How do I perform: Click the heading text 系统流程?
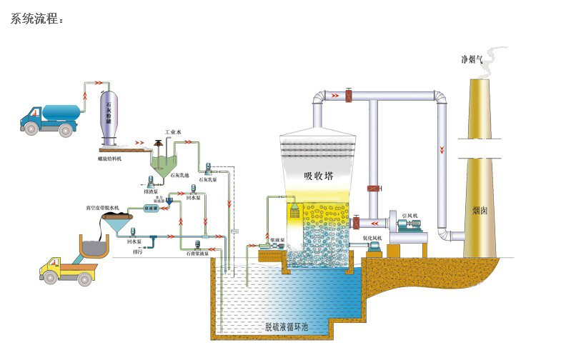(x=36, y=19)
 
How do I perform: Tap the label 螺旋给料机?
(x=110, y=158)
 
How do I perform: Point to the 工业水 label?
(x=174, y=132)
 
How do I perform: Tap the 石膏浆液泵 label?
(x=198, y=253)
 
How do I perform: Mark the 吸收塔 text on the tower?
(x=318, y=175)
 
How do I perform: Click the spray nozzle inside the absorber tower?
(x=294, y=212)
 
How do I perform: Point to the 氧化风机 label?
(x=372, y=237)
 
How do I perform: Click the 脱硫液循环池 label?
(x=287, y=326)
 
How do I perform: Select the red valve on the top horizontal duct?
(x=349, y=96)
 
